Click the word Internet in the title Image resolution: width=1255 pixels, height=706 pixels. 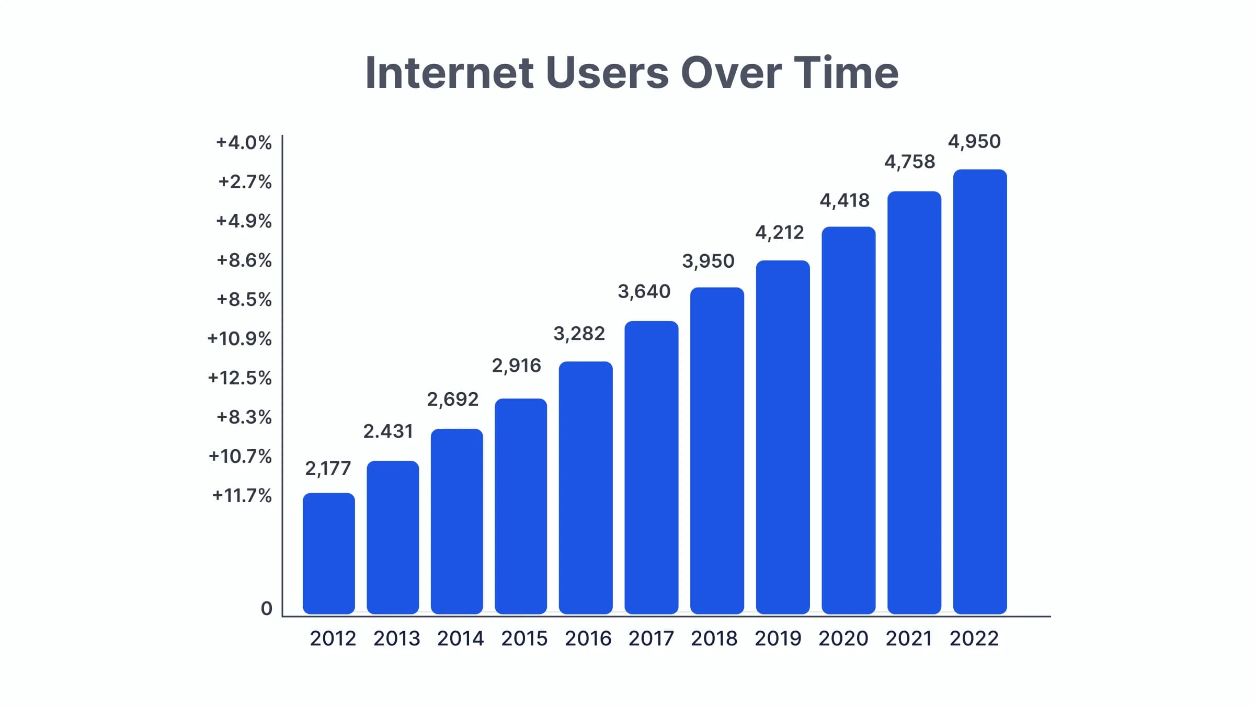(449, 73)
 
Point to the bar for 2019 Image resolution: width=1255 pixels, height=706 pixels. (782, 437)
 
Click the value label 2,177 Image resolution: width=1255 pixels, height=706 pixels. (328, 469)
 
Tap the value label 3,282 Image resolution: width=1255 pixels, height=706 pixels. (579, 334)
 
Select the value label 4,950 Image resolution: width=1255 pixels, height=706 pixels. (974, 142)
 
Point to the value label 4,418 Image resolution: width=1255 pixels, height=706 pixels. (844, 201)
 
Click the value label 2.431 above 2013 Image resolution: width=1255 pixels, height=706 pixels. (388, 431)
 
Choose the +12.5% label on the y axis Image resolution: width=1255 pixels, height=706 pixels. (239, 378)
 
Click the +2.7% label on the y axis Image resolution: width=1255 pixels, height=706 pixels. (245, 182)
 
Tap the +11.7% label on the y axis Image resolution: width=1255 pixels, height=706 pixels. (242, 496)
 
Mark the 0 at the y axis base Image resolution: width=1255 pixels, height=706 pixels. (267, 609)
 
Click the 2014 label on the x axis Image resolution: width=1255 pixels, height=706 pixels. (460, 639)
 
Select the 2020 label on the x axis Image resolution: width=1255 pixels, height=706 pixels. (843, 639)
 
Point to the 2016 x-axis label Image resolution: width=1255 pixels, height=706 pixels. (588, 639)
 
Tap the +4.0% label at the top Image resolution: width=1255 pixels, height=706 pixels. (244, 143)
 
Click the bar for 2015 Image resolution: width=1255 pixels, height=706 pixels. (520, 506)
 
